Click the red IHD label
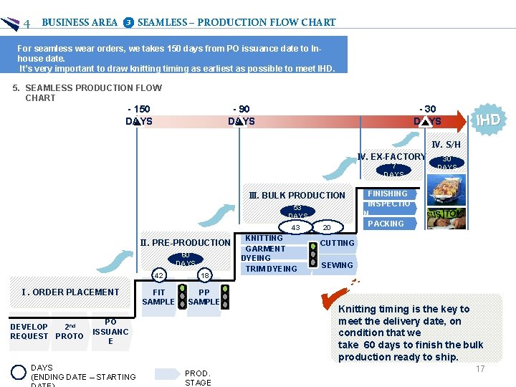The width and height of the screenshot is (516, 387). point(488,119)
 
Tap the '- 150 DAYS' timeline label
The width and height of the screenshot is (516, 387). point(138,115)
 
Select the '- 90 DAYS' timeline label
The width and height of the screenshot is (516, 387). point(241,115)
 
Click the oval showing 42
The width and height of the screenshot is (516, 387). point(159,275)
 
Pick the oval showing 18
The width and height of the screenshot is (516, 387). point(204,275)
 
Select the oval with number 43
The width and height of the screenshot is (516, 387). point(295,228)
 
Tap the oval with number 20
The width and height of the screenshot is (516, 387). point(327,228)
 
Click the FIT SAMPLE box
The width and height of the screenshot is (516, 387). point(158,297)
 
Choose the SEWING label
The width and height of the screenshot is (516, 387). point(337,265)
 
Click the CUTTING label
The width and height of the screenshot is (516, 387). point(337,243)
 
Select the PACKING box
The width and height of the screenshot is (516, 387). point(386,224)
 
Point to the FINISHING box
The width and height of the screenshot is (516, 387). point(387,193)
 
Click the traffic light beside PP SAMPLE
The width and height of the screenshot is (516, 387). point(225,296)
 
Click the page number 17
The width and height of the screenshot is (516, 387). point(480,369)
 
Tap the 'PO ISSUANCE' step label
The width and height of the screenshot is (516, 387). point(110,332)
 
